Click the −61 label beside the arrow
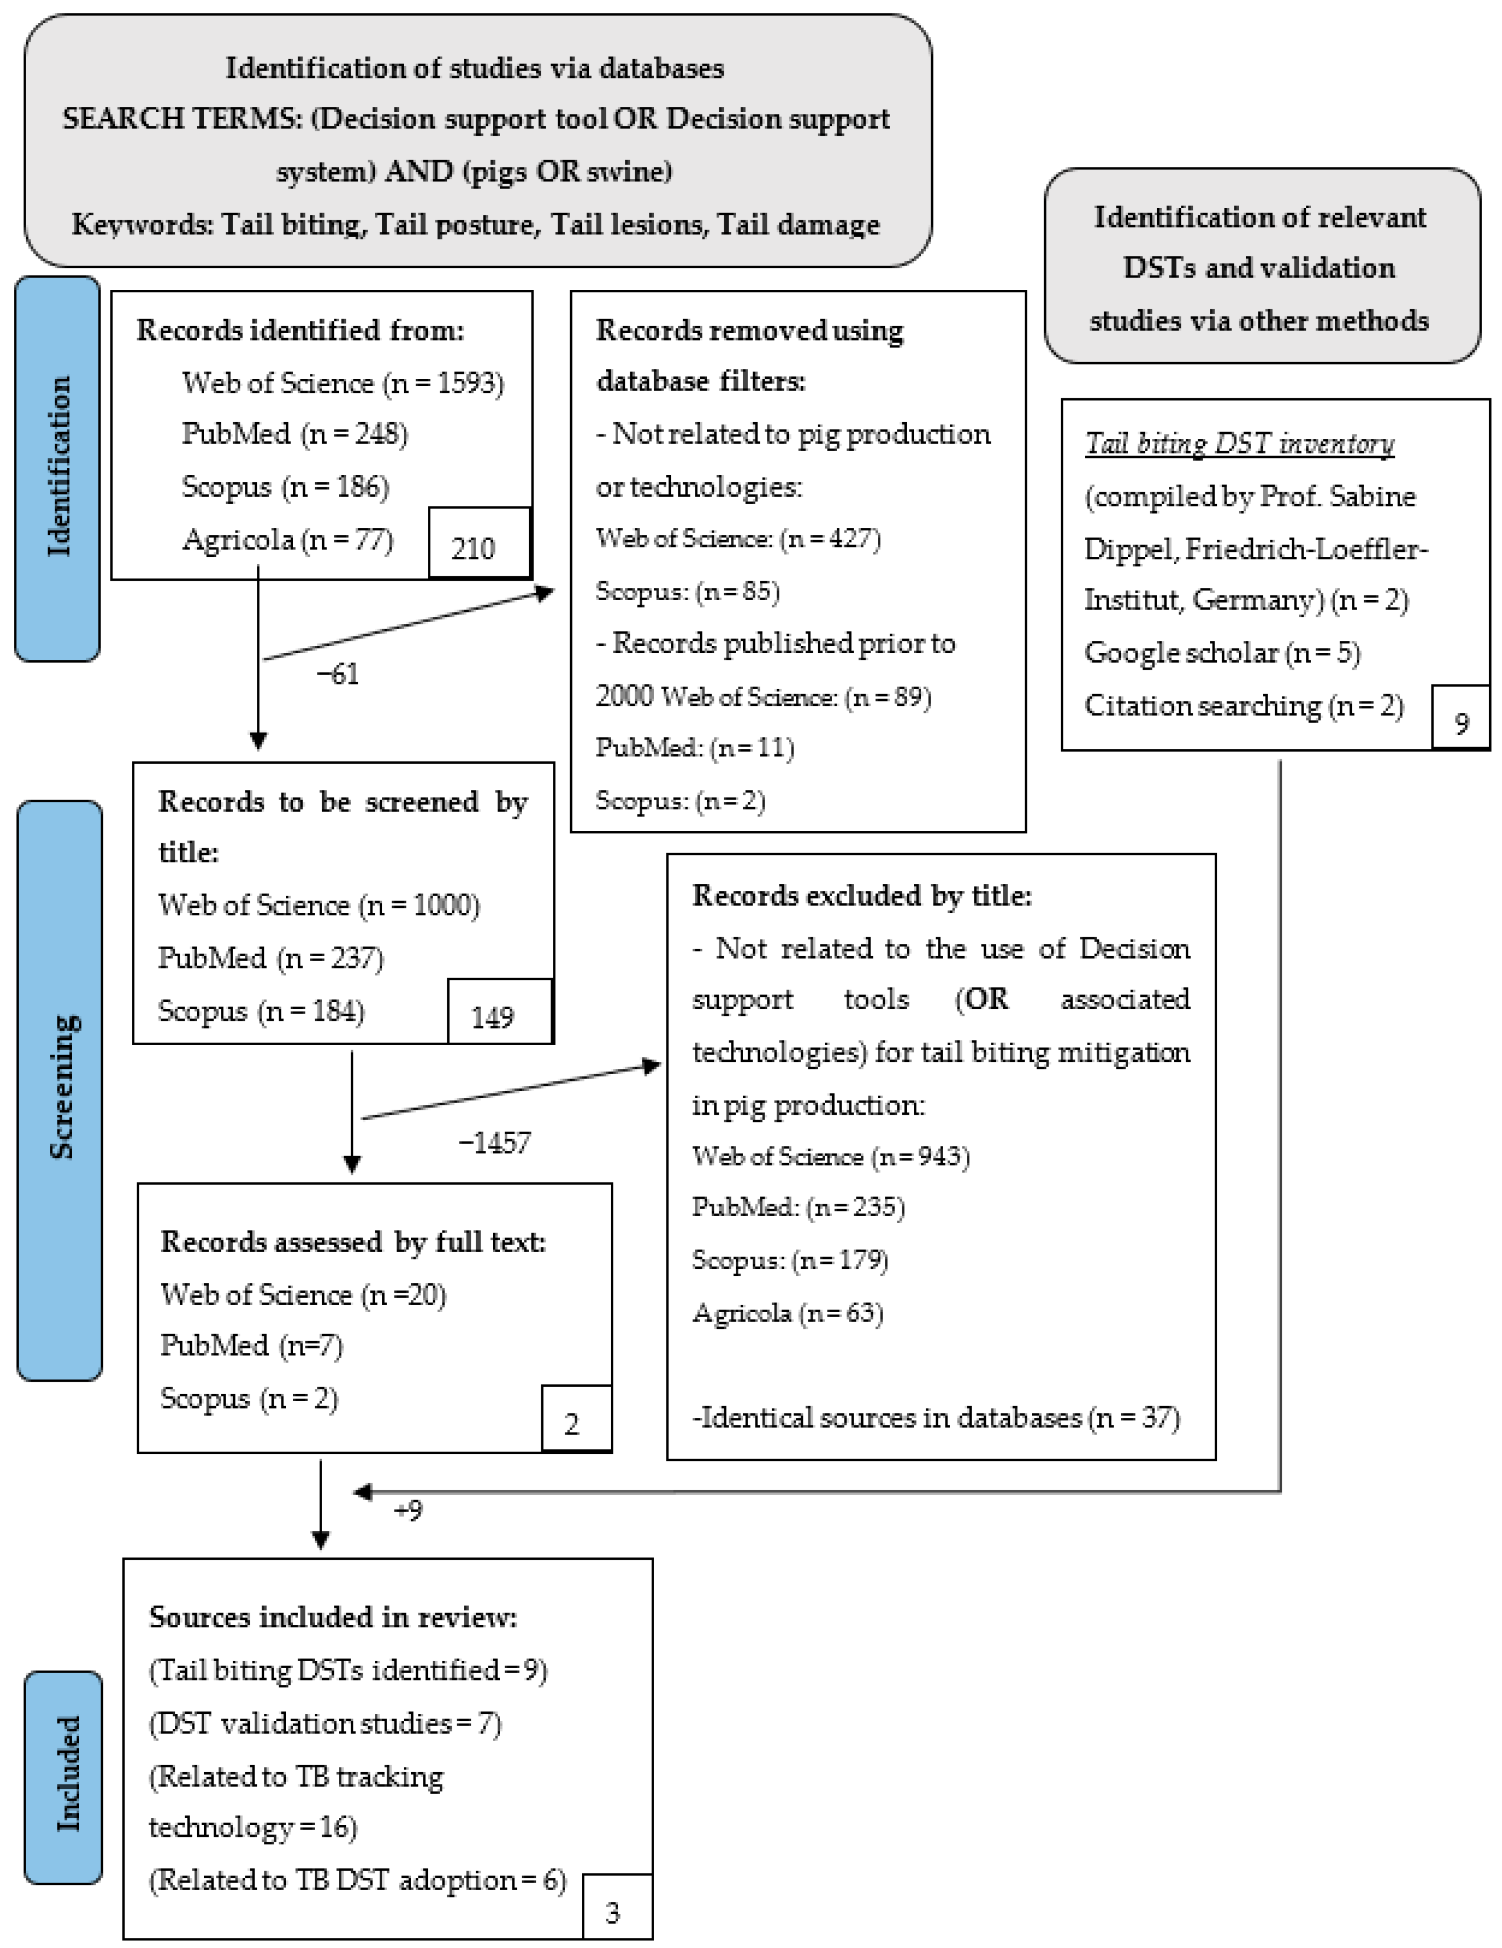click(x=338, y=674)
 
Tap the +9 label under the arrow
click(x=408, y=1510)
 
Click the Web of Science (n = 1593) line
click(x=343, y=383)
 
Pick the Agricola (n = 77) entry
click(x=287, y=540)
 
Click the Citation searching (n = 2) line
click(x=1243, y=705)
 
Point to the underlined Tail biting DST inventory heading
click(x=1239, y=443)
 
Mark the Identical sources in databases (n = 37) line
click(x=936, y=1417)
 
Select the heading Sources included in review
click(x=333, y=1617)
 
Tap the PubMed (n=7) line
click(x=251, y=1345)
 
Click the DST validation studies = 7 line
click(x=325, y=1722)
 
